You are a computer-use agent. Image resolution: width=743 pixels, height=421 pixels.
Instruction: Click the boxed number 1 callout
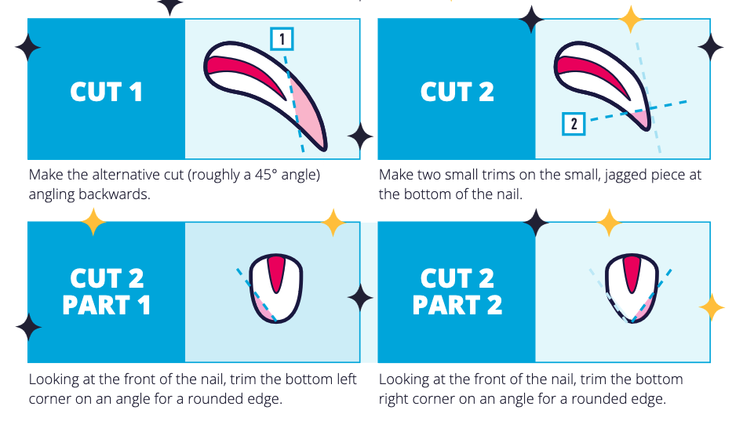tap(282, 38)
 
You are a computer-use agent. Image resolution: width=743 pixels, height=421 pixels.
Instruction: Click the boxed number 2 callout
tap(574, 123)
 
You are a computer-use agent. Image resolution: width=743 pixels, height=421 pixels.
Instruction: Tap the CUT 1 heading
tap(106, 92)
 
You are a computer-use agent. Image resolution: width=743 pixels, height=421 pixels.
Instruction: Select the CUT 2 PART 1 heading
tap(106, 292)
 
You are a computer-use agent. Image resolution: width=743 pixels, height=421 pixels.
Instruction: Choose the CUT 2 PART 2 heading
tap(457, 292)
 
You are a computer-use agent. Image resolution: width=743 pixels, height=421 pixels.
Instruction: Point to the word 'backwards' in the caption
tap(117, 194)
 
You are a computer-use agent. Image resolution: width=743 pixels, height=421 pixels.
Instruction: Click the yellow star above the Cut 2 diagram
tap(630, 19)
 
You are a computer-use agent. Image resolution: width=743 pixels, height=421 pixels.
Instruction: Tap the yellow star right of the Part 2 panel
tap(712, 307)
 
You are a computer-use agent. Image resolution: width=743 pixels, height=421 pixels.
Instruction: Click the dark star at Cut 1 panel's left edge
tap(28, 46)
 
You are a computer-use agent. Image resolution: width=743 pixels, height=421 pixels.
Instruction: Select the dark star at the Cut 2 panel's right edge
tap(710, 46)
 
